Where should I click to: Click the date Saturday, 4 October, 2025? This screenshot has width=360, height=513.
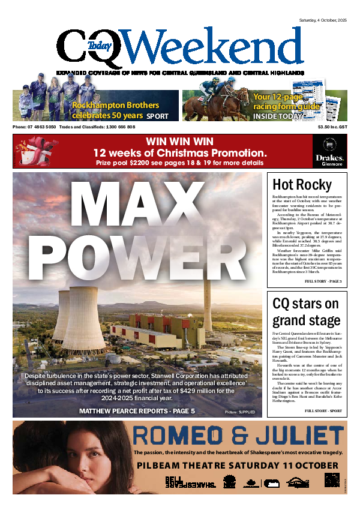(x=323, y=22)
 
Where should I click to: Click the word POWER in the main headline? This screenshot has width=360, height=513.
(x=139, y=259)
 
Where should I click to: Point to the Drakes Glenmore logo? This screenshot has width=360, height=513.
(x=328, y=151)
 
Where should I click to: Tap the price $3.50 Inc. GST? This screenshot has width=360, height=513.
(x=332, y=127)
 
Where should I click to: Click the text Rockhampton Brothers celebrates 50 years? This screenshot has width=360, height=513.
(x=107, y=110)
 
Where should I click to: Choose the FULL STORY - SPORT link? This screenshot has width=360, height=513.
(x=324, y=394)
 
